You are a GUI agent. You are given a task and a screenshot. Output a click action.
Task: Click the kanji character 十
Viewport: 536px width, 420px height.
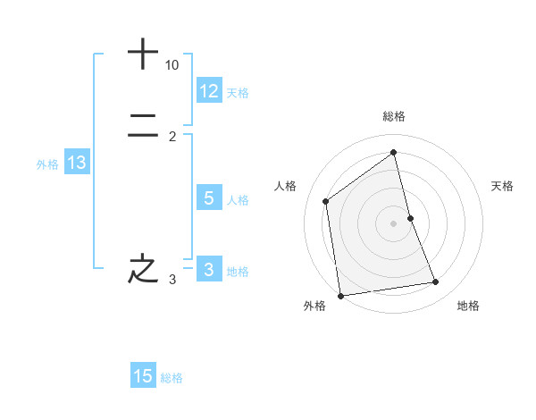(143, 54)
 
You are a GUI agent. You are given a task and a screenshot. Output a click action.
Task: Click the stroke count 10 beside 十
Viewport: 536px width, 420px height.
(172, 65)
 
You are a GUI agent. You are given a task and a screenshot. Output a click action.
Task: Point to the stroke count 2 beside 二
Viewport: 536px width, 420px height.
(172, 136)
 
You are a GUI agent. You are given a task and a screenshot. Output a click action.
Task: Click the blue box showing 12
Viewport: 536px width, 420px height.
(209, 91)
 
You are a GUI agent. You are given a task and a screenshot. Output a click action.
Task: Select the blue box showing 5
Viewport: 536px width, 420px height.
(209, 198)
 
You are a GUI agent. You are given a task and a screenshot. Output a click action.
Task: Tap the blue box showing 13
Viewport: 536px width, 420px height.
(77, 163)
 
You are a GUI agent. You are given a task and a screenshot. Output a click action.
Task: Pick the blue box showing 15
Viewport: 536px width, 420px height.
(143, 376)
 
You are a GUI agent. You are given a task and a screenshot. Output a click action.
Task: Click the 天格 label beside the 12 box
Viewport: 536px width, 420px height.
(238, 93)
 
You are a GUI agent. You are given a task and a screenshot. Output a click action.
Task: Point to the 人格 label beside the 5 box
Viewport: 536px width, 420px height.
(238, 200)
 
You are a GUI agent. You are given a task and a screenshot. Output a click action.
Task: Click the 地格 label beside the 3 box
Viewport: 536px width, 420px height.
(238, 272)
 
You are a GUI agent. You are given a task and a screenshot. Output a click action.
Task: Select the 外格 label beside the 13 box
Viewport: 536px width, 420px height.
(47, 164)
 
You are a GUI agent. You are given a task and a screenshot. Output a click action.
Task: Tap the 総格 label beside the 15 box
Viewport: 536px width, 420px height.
(172, 378)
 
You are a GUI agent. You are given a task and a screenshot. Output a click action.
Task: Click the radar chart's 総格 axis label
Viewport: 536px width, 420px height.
(394, 116)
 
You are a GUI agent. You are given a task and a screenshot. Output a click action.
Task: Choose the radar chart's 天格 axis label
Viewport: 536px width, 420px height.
(502, 186)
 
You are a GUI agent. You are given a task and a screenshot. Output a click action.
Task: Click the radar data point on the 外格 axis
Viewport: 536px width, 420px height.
(340, 295)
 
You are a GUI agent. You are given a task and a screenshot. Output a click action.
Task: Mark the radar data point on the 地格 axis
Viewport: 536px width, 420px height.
(436, 282)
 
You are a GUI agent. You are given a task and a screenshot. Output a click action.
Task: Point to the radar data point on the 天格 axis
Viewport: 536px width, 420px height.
(410, 218)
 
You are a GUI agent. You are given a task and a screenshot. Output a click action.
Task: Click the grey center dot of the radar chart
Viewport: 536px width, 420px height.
(394, 223)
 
